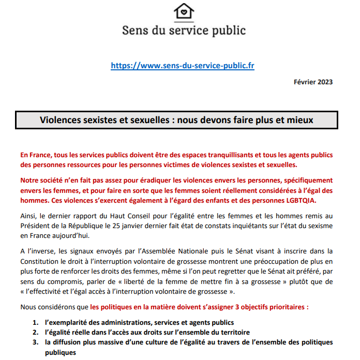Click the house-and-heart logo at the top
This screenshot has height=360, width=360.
pos(184,11)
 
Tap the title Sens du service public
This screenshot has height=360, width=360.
pos(184,30)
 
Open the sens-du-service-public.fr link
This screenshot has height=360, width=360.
pos(183,66)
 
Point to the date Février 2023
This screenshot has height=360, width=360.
pos(313,82)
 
